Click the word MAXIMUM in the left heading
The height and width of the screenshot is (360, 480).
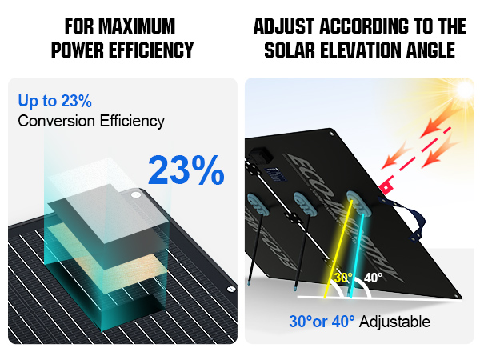point(137,26)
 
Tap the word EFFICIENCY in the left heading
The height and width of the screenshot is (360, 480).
point(151,50)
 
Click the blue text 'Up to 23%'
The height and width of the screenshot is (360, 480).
point(54,101)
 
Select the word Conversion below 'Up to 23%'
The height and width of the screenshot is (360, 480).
point(56,121)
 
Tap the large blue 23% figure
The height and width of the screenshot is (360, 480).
point(186,170)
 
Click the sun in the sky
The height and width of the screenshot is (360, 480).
point(465,89)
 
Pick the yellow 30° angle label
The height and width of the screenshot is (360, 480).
point(343,278)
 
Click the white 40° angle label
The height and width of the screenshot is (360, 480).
point(373,278)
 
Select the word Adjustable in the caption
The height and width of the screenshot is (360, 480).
point(395,322)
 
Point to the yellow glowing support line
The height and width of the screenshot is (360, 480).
point(338,249)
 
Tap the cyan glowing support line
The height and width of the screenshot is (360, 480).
point(357,256)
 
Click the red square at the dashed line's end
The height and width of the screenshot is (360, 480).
point(386,187)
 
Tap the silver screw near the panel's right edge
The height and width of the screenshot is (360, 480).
point(231,288)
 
